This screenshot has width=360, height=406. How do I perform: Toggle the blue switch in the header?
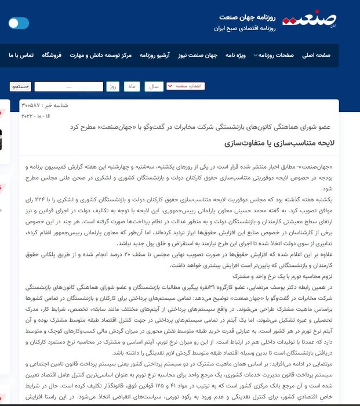coord(19,23)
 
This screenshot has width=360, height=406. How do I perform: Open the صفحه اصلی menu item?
coord(316,55)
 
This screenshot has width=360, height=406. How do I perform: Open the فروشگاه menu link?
coord(52,55)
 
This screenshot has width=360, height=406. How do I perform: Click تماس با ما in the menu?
coord(19,55)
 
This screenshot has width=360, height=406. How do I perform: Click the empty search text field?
coord(68,86)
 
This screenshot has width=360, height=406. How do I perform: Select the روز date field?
coord(112,86)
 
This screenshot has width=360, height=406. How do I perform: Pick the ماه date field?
coord(133,86)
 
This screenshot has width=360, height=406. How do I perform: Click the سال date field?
coord(154,86)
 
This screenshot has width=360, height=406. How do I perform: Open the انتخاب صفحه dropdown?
coord(186,86)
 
